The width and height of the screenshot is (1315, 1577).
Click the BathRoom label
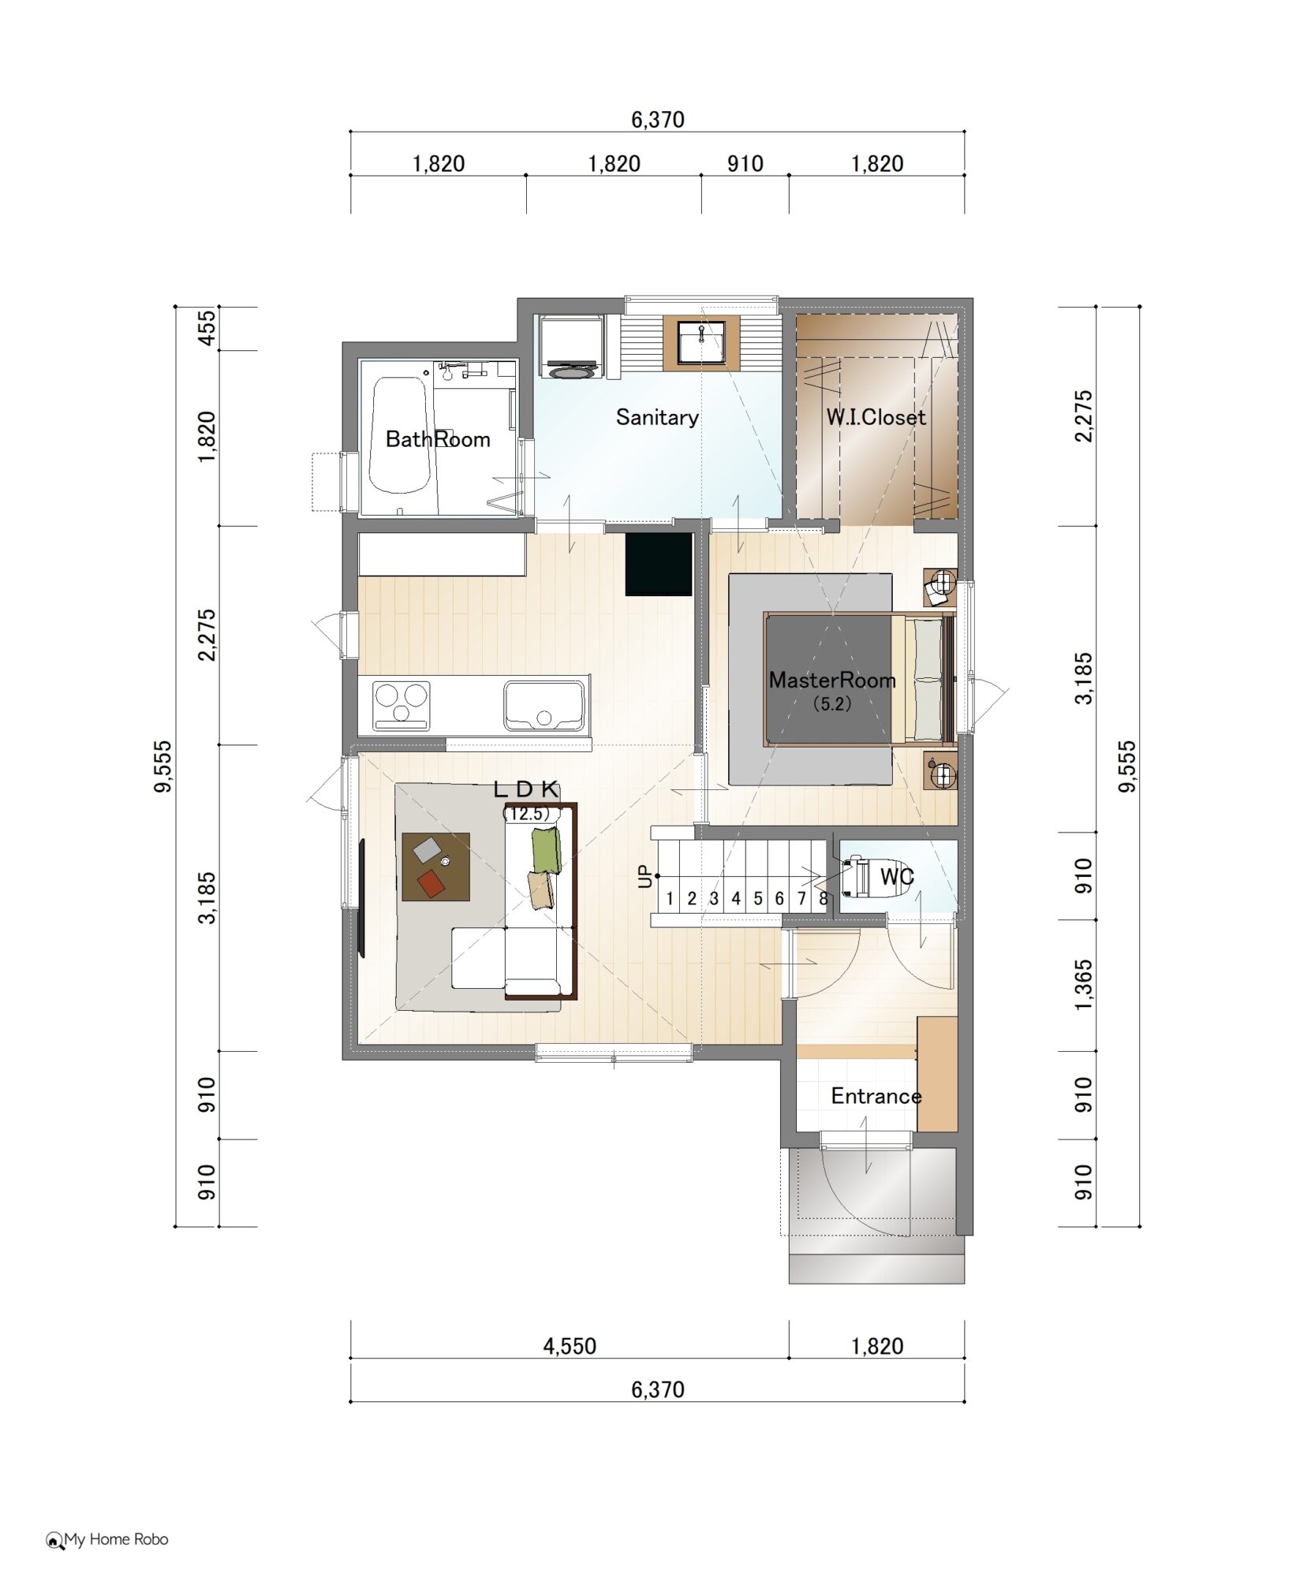438,439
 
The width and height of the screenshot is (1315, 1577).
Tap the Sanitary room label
657,417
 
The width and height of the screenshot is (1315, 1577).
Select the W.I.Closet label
876,417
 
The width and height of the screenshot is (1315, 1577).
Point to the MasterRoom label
832,680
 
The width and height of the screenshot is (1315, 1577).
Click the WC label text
897,876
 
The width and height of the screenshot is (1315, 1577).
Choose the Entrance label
876,1096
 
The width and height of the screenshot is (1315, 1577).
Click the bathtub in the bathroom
400,435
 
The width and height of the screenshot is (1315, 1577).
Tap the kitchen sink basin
544,706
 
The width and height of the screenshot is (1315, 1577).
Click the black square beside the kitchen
659,565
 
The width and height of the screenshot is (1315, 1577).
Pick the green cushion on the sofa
545,849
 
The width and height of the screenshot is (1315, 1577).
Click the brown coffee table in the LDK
436,867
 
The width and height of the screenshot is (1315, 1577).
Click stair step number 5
757,898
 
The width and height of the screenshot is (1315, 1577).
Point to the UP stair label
646,876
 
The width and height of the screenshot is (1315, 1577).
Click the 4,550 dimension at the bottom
570,1346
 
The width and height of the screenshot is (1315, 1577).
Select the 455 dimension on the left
206,328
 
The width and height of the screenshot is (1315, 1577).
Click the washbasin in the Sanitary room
701,341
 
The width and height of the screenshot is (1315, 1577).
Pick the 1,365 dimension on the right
1085,984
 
